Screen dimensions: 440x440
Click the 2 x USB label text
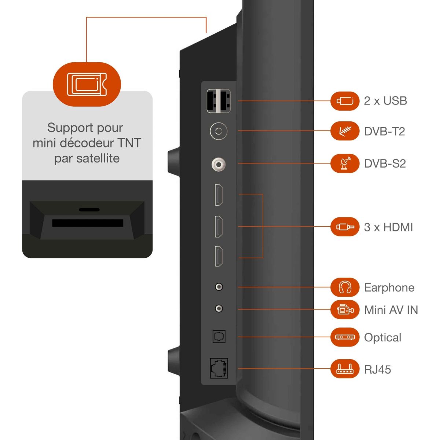pos(385,101)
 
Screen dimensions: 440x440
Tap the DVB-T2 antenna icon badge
pos(345,131)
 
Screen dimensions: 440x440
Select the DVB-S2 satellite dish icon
pos(345,163)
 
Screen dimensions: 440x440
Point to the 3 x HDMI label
pos(388,227)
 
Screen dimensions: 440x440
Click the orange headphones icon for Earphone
pos(345,287)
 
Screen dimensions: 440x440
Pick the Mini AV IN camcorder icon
pos(345,309)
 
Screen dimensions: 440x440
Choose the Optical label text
pos(382,337)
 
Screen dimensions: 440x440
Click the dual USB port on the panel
pos(219,101)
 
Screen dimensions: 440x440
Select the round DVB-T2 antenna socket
pos(219,131)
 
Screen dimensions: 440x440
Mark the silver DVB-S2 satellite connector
pos(219,164)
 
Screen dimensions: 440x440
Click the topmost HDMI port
pos(219,195)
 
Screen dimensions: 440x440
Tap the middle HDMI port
pos(219,226)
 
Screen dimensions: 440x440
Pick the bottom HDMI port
pos(219,256)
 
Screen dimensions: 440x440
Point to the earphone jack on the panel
pos(219,287)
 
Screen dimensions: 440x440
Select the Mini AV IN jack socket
pos(219,309)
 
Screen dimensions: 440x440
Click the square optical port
pos(219,337)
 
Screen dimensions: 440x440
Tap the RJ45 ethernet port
pos(219,368)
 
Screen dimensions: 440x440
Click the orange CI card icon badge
pos(87,84)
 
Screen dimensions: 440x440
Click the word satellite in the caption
pos(98,158)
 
